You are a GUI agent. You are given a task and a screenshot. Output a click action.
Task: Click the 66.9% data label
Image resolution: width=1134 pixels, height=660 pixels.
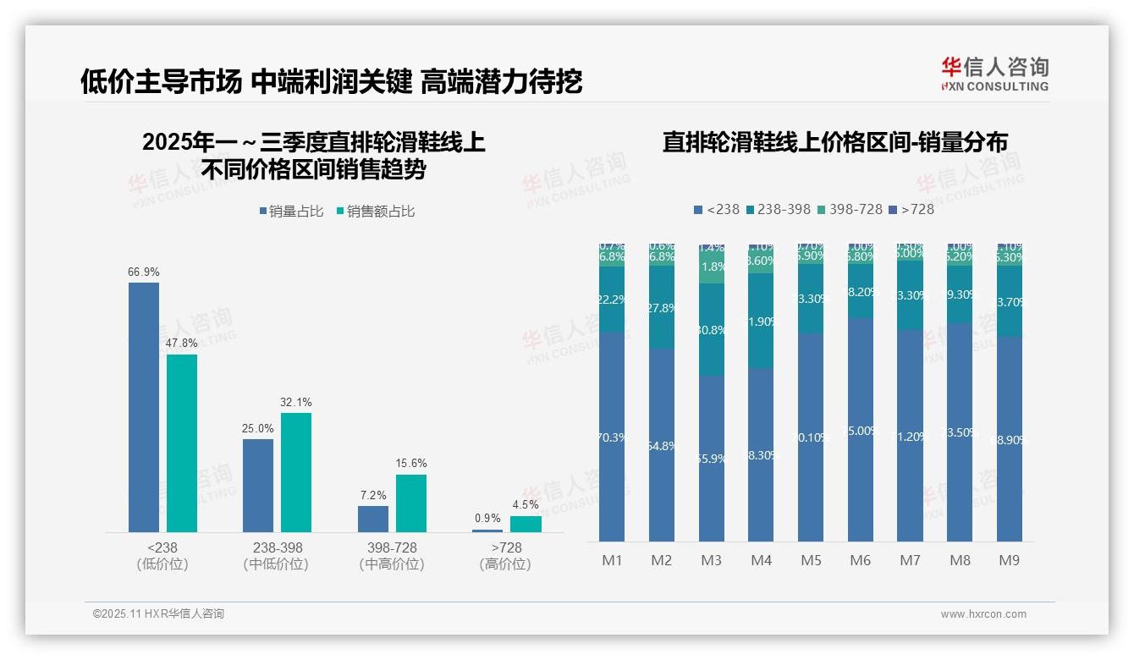pos(144,272)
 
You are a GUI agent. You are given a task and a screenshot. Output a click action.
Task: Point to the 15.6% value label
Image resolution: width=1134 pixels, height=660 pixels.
pos(411,464)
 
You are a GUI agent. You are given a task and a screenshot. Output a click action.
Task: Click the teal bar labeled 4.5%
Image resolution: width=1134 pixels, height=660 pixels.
pos(526,524)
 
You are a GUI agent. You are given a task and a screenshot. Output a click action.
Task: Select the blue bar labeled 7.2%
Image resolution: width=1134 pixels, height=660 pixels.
pos(373,519)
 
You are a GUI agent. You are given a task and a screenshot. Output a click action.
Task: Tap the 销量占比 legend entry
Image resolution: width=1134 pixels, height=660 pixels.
pos(291,212)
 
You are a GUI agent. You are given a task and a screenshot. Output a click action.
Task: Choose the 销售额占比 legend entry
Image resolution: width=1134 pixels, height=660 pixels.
pos(376,212)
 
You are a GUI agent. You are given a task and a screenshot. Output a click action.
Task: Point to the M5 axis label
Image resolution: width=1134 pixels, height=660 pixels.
pos(811,560)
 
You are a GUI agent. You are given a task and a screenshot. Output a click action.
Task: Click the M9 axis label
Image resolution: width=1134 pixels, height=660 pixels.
pos(1010,560)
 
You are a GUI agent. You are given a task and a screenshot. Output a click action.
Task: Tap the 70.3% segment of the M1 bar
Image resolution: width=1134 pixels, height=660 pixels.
pos(612,437)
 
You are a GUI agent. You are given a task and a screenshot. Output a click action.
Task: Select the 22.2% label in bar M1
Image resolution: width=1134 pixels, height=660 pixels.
pos(612,300)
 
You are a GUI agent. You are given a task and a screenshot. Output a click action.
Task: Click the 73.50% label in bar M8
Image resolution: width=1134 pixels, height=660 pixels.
pos(960,432)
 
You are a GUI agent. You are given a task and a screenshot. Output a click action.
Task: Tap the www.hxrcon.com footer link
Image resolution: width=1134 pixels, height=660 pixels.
pos(983,614)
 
